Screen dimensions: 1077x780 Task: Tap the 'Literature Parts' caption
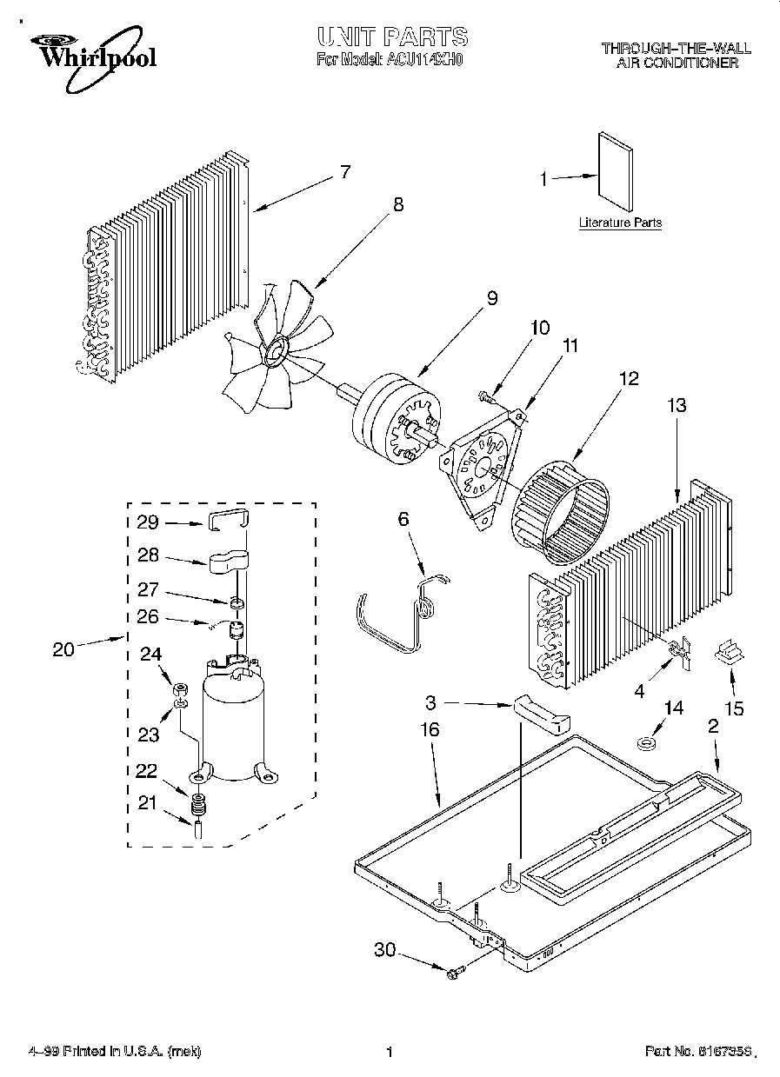point(620,223)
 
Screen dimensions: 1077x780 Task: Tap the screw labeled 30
point(454,974)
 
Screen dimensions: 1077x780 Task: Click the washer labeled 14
point(645,742)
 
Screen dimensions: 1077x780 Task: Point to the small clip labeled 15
point(729,652)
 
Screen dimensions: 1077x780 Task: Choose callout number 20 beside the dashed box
point(63,648)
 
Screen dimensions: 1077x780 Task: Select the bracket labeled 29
point(228,521)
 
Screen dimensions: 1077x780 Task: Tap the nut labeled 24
point(180,688)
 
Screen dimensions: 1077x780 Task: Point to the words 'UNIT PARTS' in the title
point(392,37)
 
